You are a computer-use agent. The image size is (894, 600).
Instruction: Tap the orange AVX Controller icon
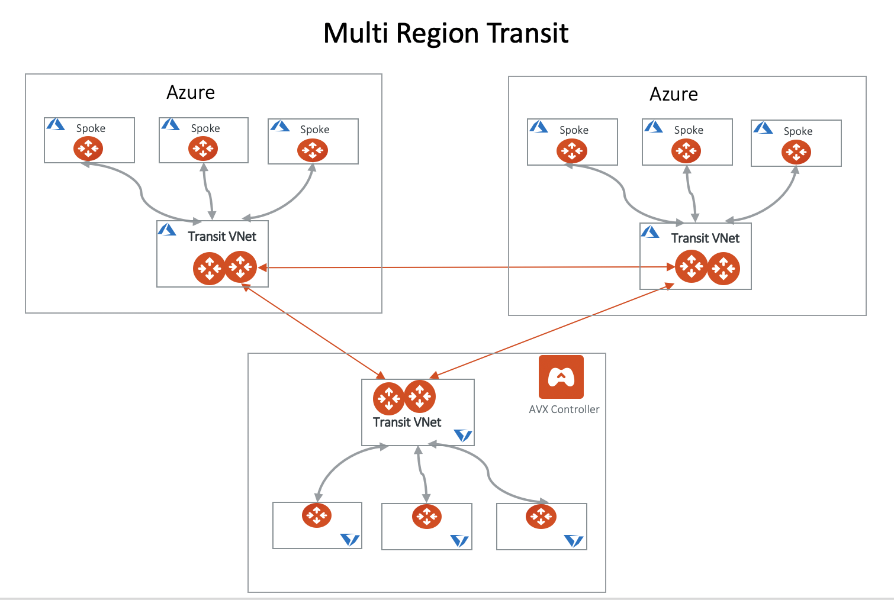click(561, 377)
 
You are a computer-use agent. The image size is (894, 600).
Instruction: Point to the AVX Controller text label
click(564, 409)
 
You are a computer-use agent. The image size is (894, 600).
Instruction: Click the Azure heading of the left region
click(191, 93)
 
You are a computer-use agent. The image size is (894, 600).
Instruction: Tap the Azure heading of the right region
click(673, 95)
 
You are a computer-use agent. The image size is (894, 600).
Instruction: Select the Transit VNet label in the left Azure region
click(222, 237)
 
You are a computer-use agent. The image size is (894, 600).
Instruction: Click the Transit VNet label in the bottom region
click(407, 422)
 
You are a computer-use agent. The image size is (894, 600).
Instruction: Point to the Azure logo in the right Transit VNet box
click(650, 232)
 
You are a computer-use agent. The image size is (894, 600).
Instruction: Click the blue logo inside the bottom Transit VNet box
click(462, 436)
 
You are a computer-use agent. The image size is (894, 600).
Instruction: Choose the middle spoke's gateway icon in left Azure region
click(203, 149)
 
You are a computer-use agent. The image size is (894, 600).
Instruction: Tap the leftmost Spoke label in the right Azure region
click(574, 130)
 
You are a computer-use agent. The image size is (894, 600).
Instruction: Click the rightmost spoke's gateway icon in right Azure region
click(796, 153)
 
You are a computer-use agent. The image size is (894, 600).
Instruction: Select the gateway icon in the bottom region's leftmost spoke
click(317, 515)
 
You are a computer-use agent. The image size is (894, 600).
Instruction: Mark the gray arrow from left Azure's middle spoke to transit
click(208, 191)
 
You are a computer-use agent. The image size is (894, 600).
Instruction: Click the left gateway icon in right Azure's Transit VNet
click(691, 266)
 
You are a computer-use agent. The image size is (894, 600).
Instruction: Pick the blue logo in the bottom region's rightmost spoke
click(573, 541)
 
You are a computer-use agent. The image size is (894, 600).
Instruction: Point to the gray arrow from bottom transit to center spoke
click(422, 473)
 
